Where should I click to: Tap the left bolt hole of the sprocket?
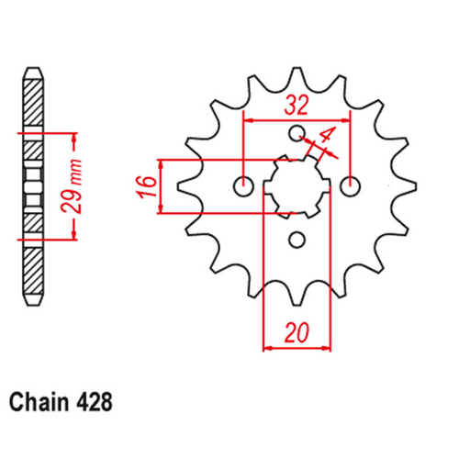[243, 187]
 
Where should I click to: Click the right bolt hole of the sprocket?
[348, 186]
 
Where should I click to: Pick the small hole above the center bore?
[296, 134]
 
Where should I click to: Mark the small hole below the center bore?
[296, 240]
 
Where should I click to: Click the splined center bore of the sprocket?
[295, 186]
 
